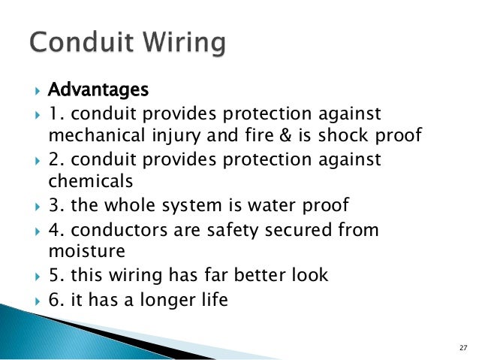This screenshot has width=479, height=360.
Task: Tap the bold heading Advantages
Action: coord(98,90)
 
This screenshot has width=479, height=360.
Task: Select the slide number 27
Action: coord(462,348)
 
